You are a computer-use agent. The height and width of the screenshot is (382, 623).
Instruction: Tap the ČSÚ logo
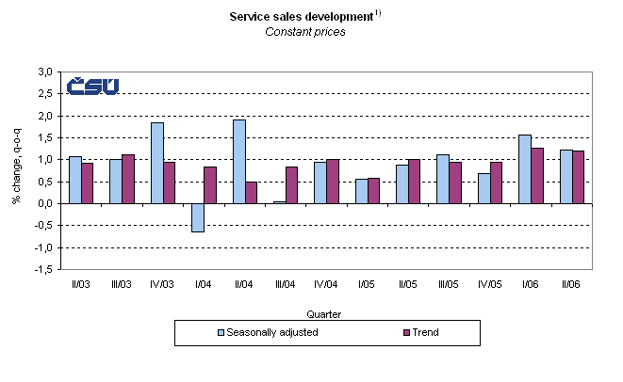point(92,86)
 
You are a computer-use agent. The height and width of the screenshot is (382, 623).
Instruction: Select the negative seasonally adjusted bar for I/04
point(198,217)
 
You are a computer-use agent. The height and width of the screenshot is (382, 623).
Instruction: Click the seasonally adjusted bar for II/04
point(238,161)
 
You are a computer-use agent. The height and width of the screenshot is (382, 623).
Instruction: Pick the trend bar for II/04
point(251,192)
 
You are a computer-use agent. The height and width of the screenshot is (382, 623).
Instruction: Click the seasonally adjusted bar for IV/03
point(156,163)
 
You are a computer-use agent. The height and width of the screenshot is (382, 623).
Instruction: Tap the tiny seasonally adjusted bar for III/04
point(280,201)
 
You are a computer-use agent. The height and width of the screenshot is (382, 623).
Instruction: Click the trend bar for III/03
point(128,179)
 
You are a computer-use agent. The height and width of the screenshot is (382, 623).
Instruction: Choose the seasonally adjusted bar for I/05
point(361,191)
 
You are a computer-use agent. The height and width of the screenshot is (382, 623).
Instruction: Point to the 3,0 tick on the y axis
point(44,72)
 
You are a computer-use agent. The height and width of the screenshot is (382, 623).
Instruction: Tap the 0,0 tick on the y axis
point(44,203)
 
